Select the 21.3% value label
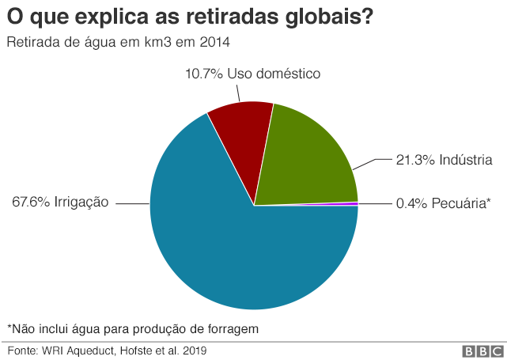click(x=413, y=160)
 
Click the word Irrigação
click(x=81, y=203)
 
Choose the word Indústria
click(x=464, y=160)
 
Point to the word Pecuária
click(x=463, y=203)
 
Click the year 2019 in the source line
click(x=198, y=349)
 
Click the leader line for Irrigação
click(x=134, y=203)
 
